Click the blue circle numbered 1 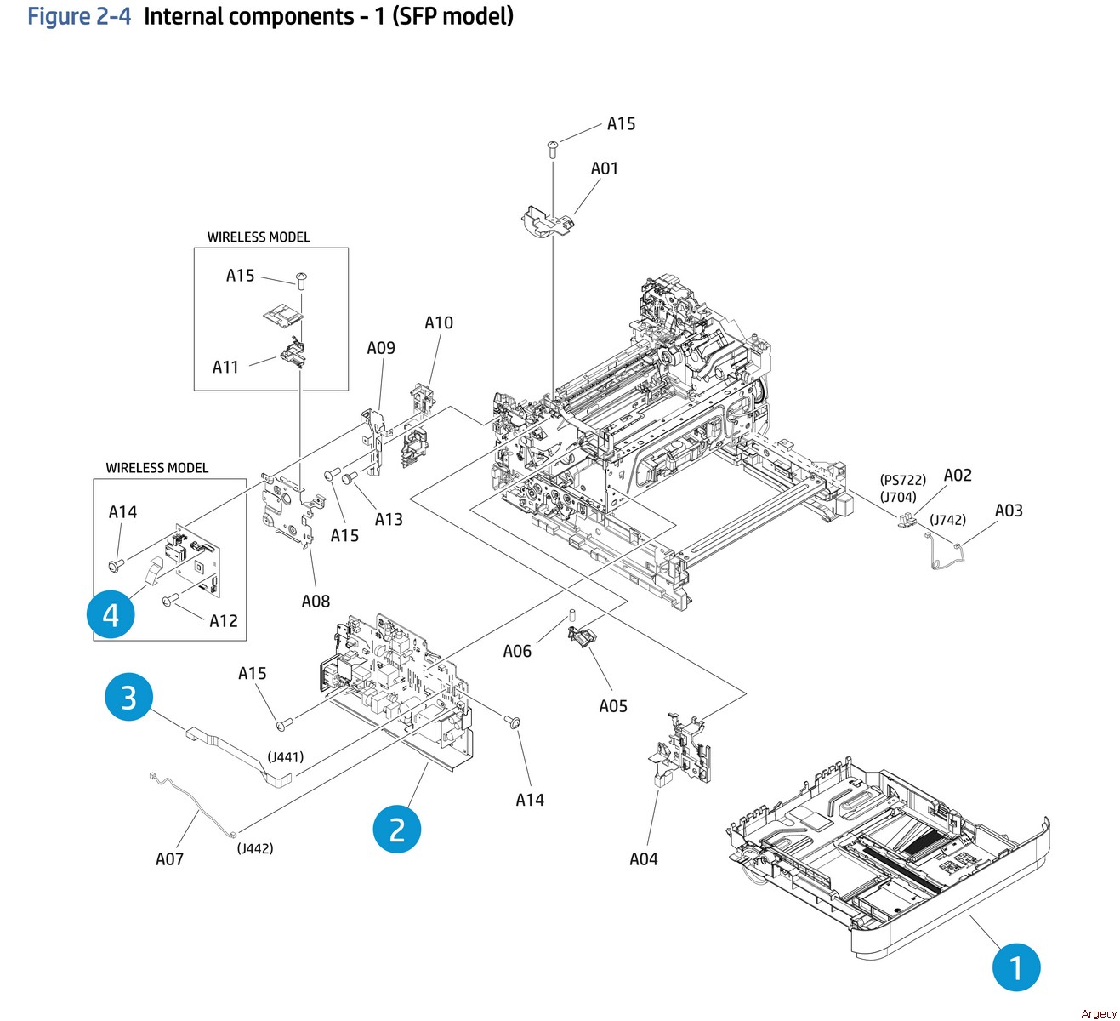(1016, 967)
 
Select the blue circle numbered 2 (397, 829)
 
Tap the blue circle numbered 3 (128, 697)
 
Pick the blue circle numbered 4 (111, 614)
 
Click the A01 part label (605, 168)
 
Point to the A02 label (958, 476)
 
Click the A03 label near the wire (1009, 510)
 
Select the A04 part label (644, 859)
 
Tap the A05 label (613, 706)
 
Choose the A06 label (517, 652)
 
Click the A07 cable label (169, 859)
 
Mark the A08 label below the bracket (316, 602)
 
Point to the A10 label (439, 322)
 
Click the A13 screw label (389, 519)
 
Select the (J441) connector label (286, 757)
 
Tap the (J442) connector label (255, 848)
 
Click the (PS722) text (903, 480)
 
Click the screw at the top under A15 (553, 149)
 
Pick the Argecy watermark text (1099, 1013)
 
